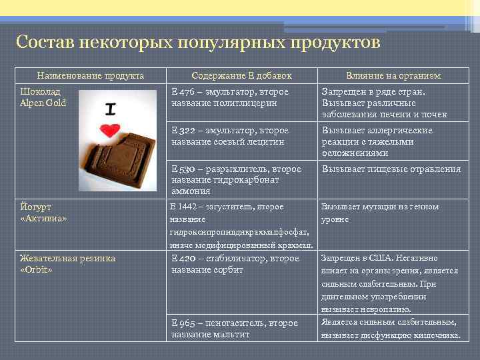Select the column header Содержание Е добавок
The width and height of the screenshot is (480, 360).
(241, 76)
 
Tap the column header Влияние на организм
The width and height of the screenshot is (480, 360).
(393, 76)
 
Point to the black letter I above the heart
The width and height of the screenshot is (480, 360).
(111, 107)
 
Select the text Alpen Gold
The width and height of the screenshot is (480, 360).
(43, 103)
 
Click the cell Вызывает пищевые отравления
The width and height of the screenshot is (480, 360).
(391, 169)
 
